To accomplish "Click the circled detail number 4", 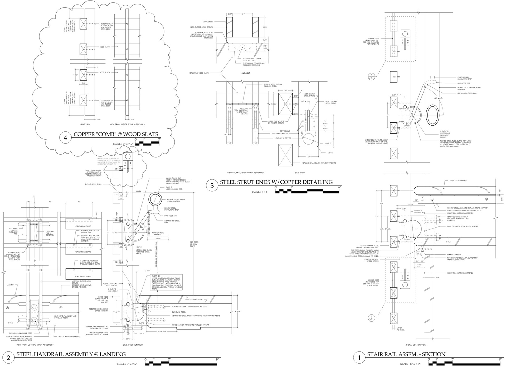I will [x=65, y=138].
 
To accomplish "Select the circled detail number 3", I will [x=212, y=186].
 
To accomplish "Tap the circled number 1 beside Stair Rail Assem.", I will [x=359, y=358].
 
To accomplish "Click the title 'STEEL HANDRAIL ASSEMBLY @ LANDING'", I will [x=71, y=354].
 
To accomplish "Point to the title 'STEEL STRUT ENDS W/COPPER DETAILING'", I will [x=276, y=182].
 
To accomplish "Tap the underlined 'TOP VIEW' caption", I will [x=246, y=73].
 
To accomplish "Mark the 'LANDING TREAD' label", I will [x=197, y=299].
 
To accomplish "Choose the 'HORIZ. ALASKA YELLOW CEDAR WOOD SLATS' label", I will [x=319, y=163].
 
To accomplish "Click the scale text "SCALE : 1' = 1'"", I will [x=260, y=192].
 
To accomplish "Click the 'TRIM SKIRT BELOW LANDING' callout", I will [x=69, y=336].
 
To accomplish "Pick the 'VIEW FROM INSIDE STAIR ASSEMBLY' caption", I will [x=127, y=124].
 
